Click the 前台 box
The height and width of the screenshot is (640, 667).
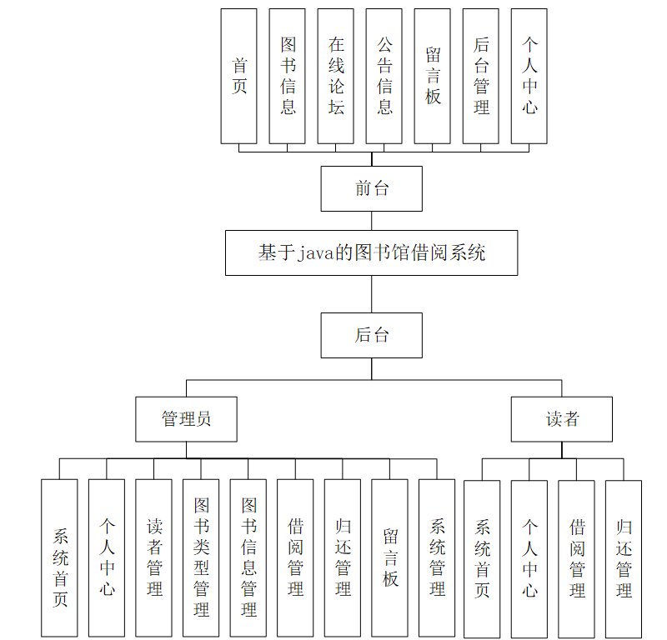coord(371,188)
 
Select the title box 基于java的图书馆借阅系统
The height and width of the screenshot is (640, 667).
coord(371,252)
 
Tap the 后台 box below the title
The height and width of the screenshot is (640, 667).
coord(371,335)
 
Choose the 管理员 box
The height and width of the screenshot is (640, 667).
coord(186,418)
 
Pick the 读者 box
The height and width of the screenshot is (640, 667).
coord(561,418)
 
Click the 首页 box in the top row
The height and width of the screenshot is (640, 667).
coord(239,76)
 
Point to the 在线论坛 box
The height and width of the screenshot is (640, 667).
coord(336,76)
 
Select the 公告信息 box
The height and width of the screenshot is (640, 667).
coord(384,76)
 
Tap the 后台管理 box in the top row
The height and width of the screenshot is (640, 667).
coord(481,76)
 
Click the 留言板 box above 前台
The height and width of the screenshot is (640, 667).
coord(433,76)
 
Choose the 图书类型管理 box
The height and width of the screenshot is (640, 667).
coord(201,557)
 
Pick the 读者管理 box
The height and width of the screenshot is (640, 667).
coord(154,557)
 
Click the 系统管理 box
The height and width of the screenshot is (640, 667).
coord(437,557)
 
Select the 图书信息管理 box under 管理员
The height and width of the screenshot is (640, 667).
coord(248,557)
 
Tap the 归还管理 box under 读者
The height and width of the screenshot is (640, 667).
coord(624,558)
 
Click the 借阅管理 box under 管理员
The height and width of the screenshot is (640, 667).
coord(295,557)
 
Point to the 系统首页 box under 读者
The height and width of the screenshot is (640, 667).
coord(482,558)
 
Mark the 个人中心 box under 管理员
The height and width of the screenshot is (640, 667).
coord(107,557)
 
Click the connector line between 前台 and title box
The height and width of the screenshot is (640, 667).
coord(372,221)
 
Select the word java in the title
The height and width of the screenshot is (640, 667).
coord(316,253)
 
